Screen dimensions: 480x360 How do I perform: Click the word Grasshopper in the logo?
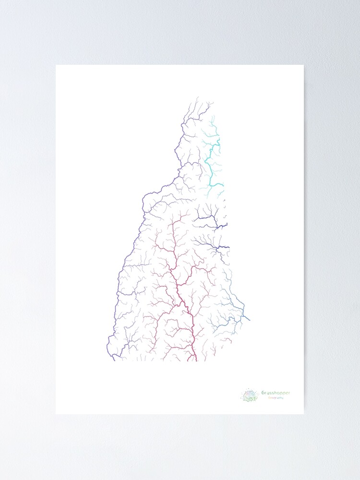[276, 393]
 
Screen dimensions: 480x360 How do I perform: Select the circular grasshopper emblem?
[250, 396]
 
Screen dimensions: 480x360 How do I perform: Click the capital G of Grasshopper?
[264, 393]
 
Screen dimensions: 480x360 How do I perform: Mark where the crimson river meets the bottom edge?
[196, 360]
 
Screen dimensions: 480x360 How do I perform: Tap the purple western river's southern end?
[113, 360]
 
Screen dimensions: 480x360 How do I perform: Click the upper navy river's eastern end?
[227, 224]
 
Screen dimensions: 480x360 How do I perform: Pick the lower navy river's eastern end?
[229, 248]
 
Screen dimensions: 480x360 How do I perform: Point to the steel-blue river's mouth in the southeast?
[250, 319]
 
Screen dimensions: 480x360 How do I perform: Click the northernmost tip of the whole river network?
[198, 97]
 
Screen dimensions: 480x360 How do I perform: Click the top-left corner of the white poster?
[56, 65]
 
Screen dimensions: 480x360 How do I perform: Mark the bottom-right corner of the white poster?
[303, 413]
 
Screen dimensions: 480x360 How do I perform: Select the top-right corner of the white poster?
[303, 65]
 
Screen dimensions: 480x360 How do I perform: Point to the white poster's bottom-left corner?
[56, 413]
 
